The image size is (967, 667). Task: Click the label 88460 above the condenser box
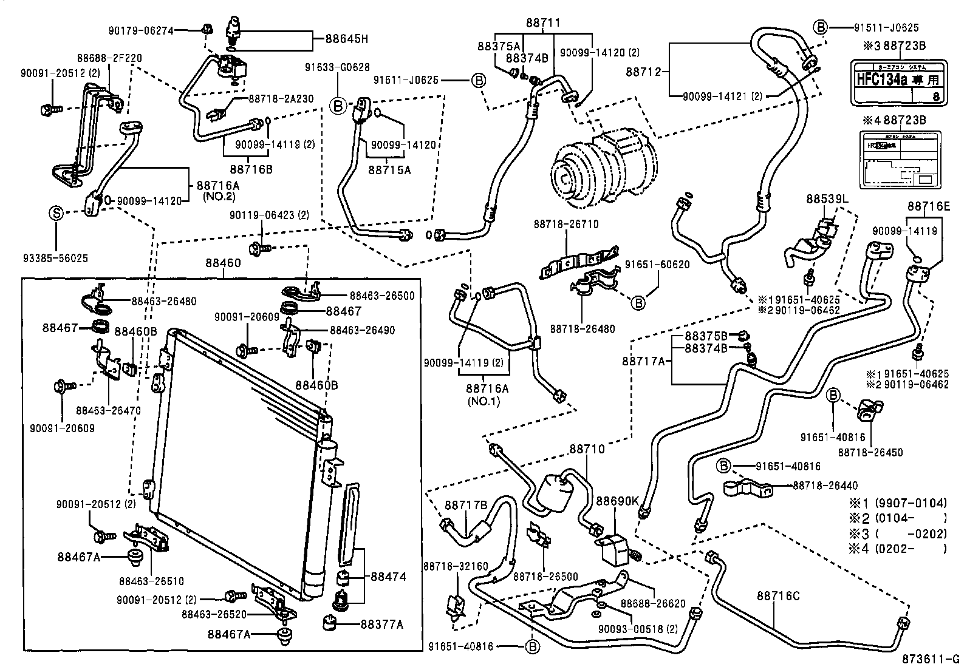[x=223, y=263]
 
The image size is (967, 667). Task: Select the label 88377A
[x=381, y=624]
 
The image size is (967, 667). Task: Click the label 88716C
[x=778, y=596]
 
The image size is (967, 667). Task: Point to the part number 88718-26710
[x=566, y=224]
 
